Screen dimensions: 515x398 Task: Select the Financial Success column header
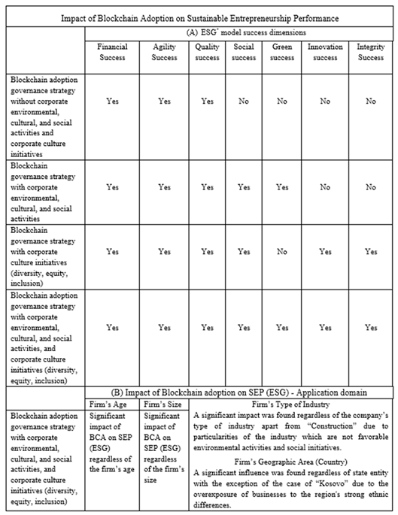click(113, 51)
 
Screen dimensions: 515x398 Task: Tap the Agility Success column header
click(164, 51)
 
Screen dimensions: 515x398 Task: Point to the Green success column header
click(283, 51)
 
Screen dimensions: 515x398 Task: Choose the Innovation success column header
click(325, 51)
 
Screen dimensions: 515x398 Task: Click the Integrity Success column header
click(370, 51)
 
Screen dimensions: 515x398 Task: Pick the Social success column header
click(244, 51)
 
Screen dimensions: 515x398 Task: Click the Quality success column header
click(207, 51)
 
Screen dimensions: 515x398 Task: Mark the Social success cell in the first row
click(244, 101)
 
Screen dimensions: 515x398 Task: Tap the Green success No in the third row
click(283, 252)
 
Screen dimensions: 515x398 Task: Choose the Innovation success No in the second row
click(325, 186)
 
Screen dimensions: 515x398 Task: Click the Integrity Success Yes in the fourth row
click(370, 327)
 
